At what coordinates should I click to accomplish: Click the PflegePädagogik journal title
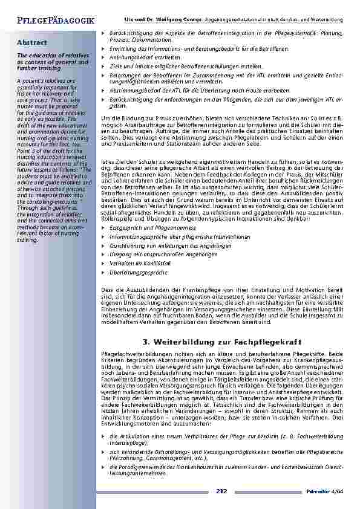(49, 21)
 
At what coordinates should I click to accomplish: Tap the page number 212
(221, 491)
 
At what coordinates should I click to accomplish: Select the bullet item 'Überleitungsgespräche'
(135, 273)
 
